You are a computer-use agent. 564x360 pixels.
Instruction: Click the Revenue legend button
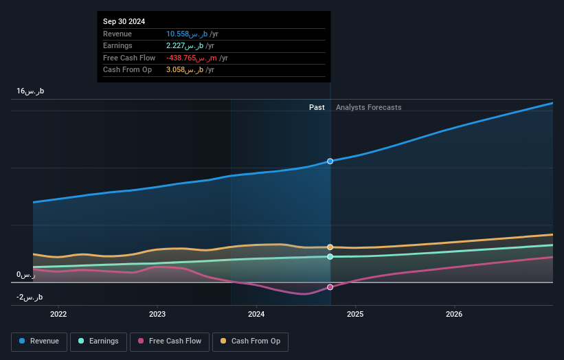pos(39,341)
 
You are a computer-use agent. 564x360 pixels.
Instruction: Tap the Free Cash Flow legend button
pos(170,341)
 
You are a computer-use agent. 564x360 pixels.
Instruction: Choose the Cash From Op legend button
pos(250,341)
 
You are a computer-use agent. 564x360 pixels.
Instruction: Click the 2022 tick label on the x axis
pos(59,315)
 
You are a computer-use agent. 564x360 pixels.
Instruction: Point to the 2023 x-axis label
pos(157,315)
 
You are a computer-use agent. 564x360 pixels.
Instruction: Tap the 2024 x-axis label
pos(256,315)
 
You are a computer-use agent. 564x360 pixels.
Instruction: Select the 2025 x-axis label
pos(355,315)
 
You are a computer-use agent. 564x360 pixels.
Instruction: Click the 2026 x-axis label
pos(454,315)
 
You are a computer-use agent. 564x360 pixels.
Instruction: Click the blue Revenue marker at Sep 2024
pos(330,161)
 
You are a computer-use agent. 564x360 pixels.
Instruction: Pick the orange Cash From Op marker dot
pos(330,247)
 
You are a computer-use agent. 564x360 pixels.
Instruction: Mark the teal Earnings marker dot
pos(330,256)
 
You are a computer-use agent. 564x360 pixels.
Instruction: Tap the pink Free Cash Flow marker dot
pos(330,287)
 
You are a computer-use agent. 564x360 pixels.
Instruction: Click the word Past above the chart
pos(317,107)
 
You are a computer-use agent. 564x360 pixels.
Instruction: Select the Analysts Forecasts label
pos(368,107)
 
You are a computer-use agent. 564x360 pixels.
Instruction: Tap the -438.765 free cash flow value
pos(193,58)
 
